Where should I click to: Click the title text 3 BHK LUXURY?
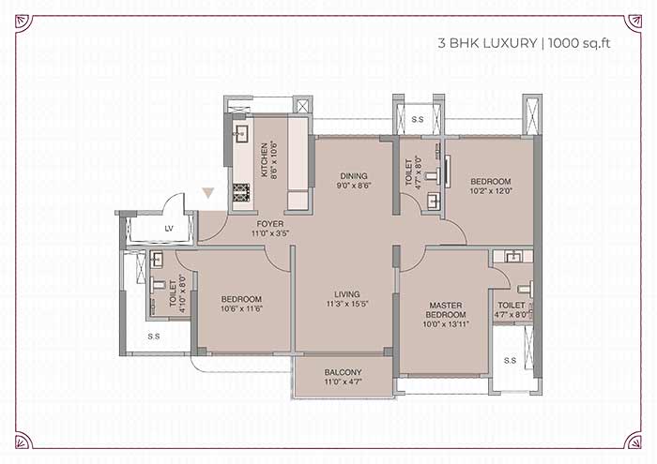(487, 43)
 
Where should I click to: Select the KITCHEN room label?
(265, 160)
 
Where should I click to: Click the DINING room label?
(354, 175)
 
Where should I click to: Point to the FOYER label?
(270, 224)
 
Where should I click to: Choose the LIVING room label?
(347, 294)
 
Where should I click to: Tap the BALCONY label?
(343, 372)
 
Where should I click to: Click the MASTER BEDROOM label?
(446, 310)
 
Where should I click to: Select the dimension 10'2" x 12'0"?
(491, 191)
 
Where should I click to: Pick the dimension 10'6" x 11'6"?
(241, 308)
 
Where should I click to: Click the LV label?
(169, 229)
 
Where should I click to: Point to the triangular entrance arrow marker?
(207, 192)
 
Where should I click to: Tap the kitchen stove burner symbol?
(242, 192)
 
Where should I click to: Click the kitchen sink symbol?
(241, 134)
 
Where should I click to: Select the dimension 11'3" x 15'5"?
(347, 304)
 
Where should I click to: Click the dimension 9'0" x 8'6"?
(354, 186)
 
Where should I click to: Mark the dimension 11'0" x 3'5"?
(270, 233)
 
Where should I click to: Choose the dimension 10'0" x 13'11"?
(446, 323)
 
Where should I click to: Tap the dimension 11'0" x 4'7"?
(344, 382)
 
